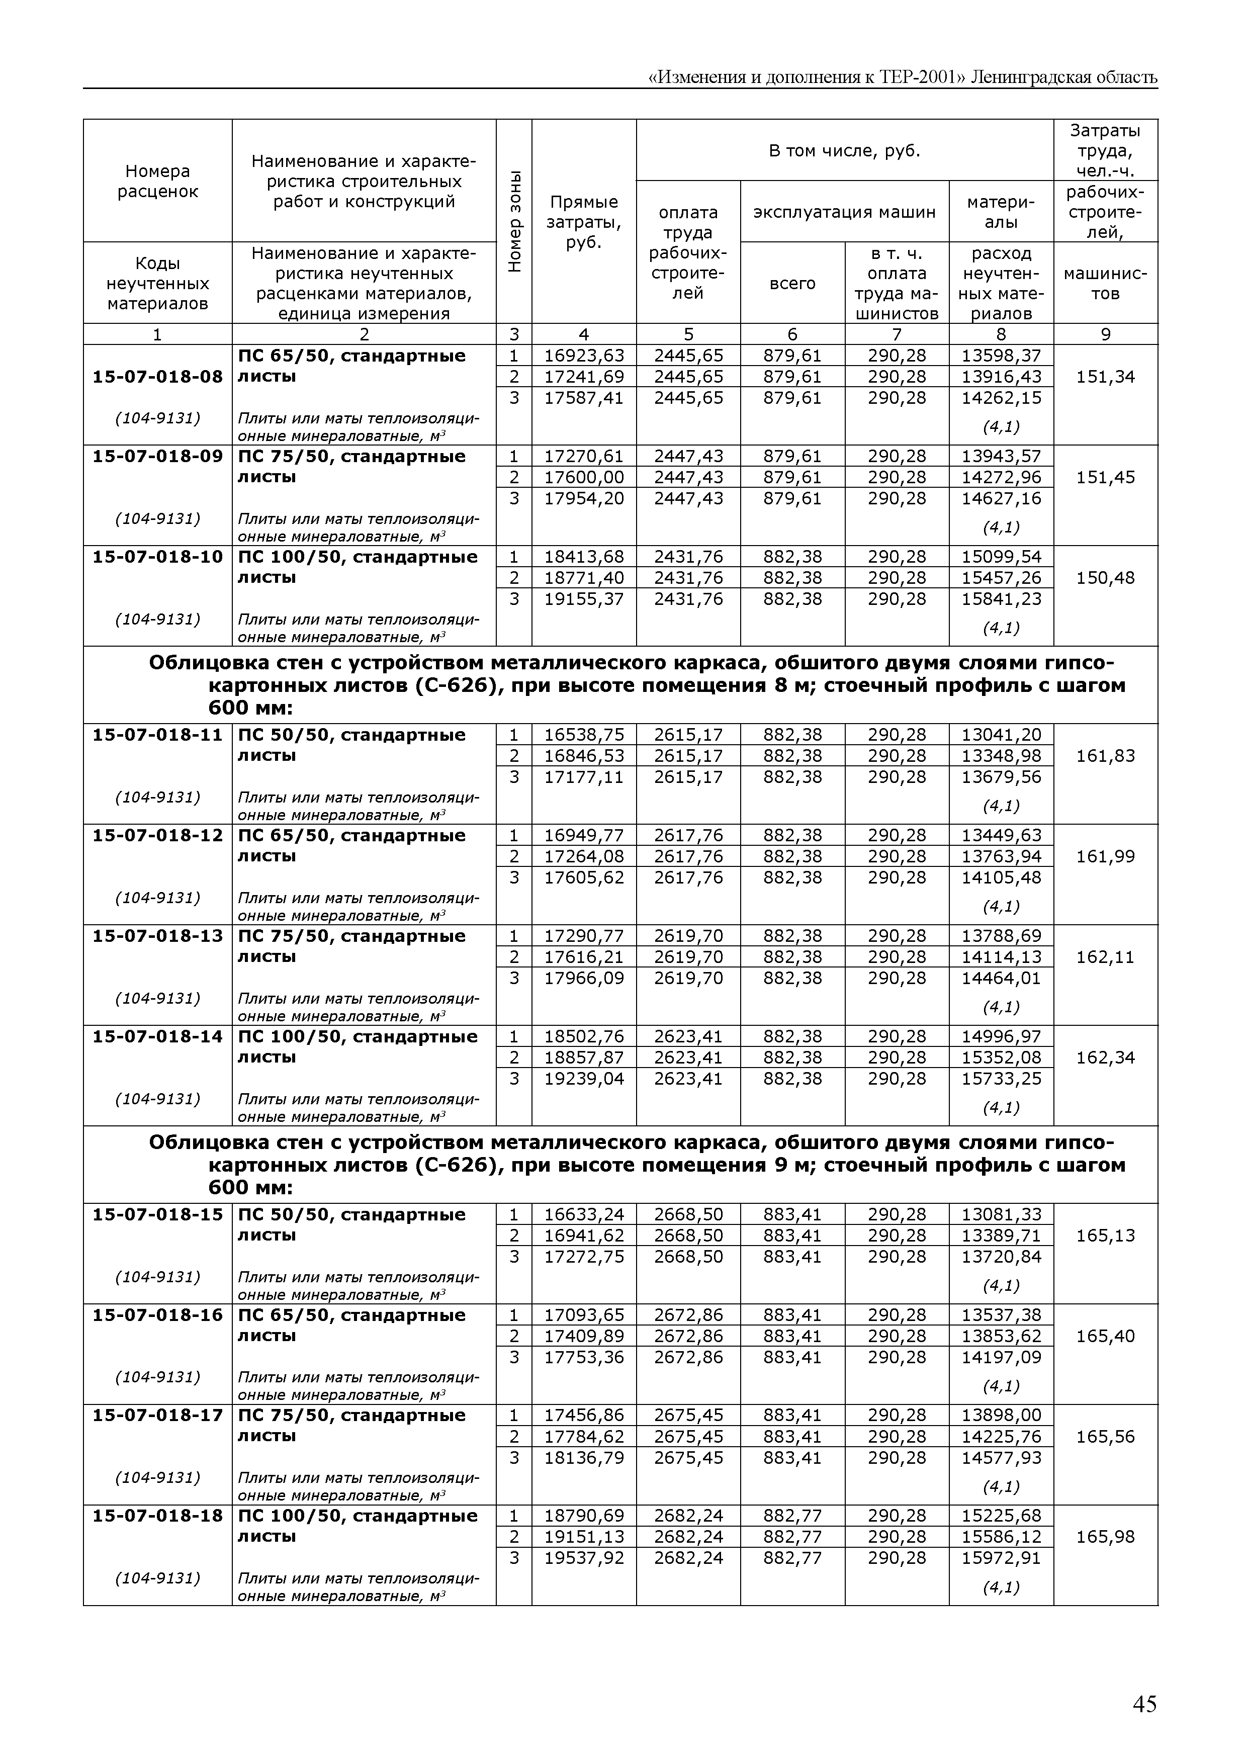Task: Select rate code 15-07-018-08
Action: click(157, 377)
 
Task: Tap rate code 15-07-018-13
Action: click(157, 936)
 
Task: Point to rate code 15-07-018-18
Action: click(157, 1515)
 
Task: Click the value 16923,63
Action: click(584, 356)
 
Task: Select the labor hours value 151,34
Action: click(1105, 377)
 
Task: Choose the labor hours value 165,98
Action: click(1105, 1537)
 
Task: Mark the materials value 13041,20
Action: click(1001, 735)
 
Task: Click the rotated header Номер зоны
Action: click(514, 221)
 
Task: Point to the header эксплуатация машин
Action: click(844, 212)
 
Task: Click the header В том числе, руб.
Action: click(844, 150)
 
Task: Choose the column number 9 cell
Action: click(1105, 334)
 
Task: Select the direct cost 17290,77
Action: click(584, 936)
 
